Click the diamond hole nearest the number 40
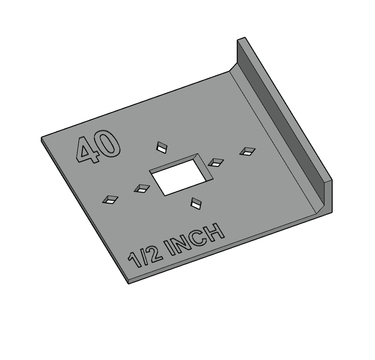pyautogui.click(x=162, y=147)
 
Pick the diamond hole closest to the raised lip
pyautogui.click(x=247, y=151)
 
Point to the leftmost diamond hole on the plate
pyautogui.click(x=111, y=199)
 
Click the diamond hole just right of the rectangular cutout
pyautogui.click(x=215, y=162)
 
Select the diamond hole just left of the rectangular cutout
pyautogui.click(x=141, y=188)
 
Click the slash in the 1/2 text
pyautogui.click(x=144, y=256)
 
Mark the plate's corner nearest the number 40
pyautogui.click(x=42, y=139)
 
